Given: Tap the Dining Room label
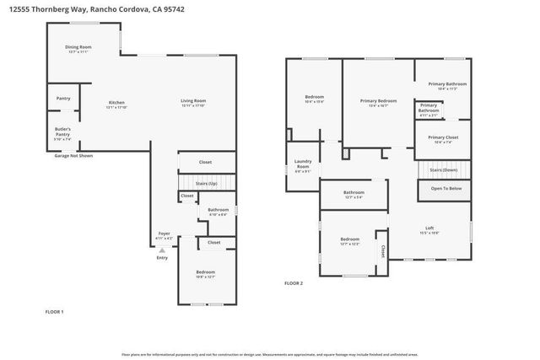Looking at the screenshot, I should (x=78, y=49).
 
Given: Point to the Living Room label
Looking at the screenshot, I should (x=193, y=103).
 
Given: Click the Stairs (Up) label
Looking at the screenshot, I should (x=207, y=183).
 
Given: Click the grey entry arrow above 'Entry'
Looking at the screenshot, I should (x=162, y=250).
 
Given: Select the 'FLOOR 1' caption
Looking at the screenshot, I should (x=54, y=312).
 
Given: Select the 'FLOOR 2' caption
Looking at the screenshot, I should (x=294, y=282).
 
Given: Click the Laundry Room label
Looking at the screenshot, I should (x=302, y=165).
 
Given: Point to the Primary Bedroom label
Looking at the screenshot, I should (x=378, y=101).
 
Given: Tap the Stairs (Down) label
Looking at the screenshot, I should (x=444, y=169).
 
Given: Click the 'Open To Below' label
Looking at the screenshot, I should (x=445, y=188).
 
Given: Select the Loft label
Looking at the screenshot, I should (x=429, y=229).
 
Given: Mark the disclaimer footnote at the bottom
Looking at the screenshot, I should (x=269, y=355).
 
